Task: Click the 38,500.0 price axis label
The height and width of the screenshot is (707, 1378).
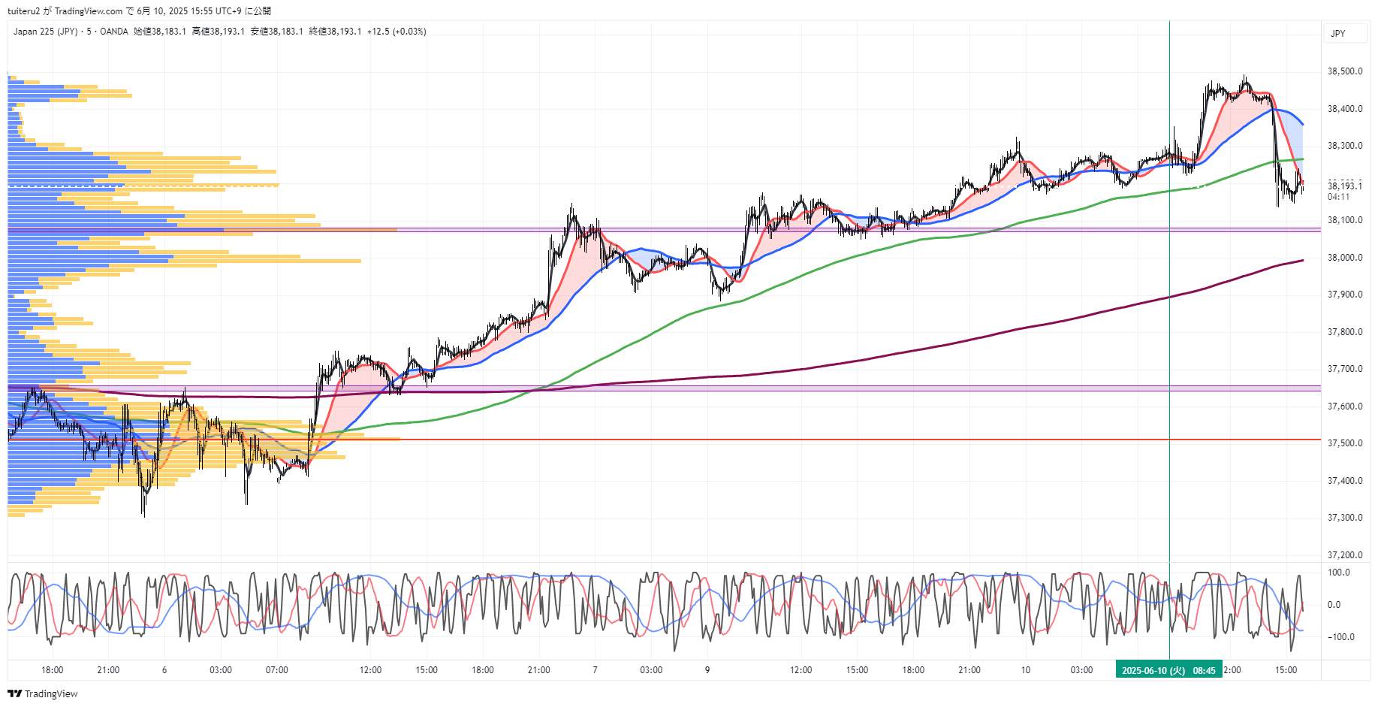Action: click(1344, 71)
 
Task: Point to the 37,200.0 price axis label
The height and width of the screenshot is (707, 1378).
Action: click(1344, 554)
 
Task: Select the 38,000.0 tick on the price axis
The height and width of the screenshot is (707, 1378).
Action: click(1344, 257)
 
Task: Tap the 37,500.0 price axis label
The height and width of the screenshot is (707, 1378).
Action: click(1344, 443)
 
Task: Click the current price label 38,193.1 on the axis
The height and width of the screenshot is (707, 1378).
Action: click(1344, 186)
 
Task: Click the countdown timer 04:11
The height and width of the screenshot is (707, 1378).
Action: click(1338, 197)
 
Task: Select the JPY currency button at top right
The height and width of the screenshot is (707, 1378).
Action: click(1338, 33)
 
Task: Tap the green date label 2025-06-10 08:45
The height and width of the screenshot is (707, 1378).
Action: click(1168, 670)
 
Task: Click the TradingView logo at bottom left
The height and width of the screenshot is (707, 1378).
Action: click(43, 693)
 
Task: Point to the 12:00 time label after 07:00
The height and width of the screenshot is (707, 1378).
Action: click(370, 670)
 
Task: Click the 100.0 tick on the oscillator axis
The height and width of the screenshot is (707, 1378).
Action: click(1339, 573)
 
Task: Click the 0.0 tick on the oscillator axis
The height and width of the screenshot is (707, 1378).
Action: click(1334, 605)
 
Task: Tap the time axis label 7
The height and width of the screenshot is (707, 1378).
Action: click(595, 670)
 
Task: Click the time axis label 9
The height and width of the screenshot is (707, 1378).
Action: click(707, 670)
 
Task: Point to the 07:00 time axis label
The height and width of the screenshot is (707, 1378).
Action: click(276, 670)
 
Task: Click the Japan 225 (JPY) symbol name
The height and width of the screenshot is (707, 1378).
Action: click(45, 32)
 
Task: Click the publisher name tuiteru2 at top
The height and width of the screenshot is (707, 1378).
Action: click(23, 11)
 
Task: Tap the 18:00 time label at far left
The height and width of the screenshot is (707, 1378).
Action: click(52, 670)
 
